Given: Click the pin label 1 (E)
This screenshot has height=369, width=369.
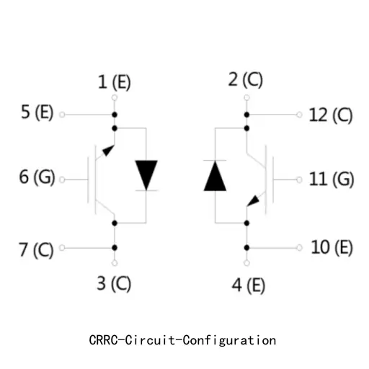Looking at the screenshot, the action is click(115, 82).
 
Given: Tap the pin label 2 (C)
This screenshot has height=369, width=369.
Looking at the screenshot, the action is click(245, 79).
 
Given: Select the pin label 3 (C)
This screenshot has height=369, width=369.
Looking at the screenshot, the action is click(114, 283).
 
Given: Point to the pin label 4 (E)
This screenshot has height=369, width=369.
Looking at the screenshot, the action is click(249, 285).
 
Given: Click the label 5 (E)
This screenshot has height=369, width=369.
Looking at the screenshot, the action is click(37, 112).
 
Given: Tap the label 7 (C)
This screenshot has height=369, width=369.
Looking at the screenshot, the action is click(36, 250).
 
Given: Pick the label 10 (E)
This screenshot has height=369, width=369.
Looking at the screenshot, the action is click(332, 247).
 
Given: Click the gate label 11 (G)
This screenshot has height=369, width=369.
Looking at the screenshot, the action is click(332, 179).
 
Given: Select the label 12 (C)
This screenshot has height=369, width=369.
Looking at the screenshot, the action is click(331, 115).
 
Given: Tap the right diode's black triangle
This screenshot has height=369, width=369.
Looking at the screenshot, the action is click(215, 176).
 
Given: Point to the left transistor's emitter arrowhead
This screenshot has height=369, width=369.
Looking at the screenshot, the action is click(108, 151).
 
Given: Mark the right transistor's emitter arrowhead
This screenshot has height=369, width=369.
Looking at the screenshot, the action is click(253, 201).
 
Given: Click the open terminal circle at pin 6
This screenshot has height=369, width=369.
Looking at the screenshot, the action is click(62, 179).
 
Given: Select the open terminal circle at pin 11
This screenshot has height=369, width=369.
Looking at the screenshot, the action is click(299, 179).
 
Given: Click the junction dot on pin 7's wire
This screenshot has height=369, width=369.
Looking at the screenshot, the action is click(115, 248).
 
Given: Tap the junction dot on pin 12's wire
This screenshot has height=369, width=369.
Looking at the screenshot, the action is click(246, 115).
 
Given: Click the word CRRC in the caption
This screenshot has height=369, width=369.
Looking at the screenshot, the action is click(104, 340).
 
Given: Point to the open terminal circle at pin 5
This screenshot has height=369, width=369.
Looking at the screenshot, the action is click(62, 115).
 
